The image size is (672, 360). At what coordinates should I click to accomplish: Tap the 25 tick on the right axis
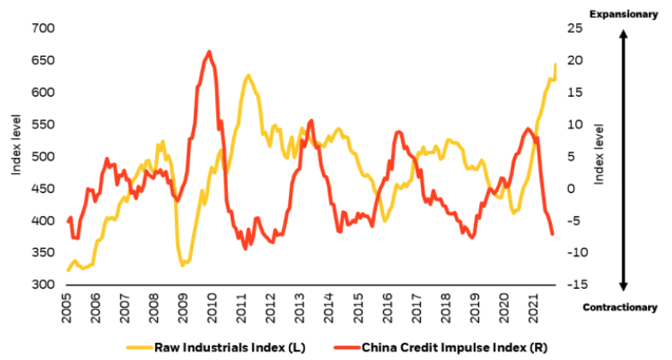coord(574,28)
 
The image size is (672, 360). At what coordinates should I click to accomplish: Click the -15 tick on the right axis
coord(576,285)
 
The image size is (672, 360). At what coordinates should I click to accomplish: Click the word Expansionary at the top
coord(624,12)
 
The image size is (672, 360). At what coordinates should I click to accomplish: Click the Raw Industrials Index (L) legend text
coord(230,347)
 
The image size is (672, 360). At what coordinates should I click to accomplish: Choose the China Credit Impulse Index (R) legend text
coord(442,347)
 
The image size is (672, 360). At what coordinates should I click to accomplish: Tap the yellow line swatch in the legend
coord(137,347)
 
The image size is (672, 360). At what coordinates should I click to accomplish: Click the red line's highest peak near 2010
coord(209,51)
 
